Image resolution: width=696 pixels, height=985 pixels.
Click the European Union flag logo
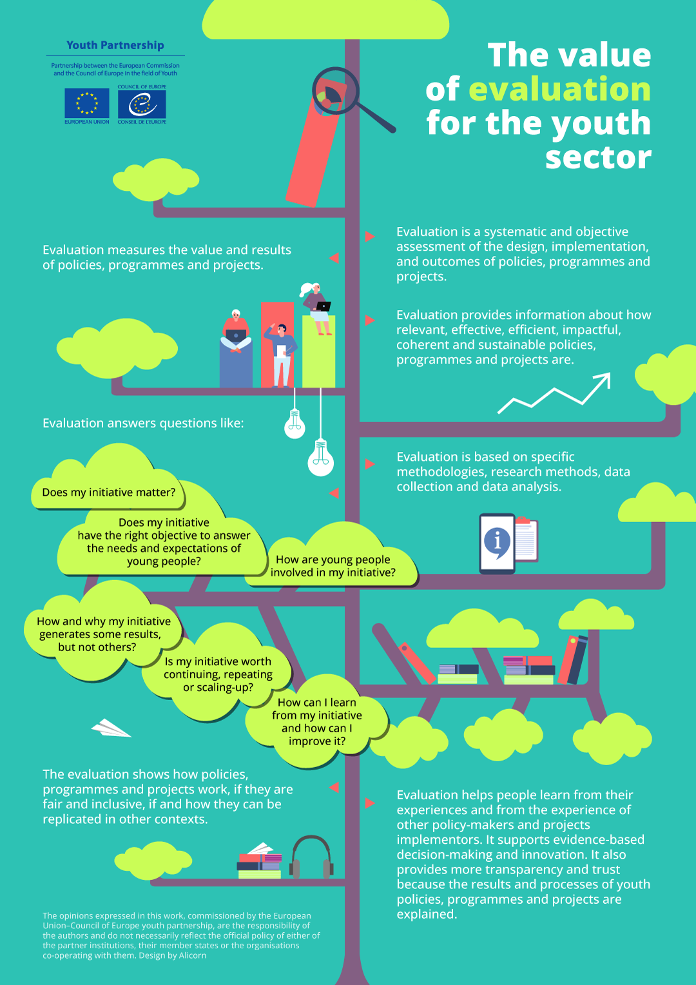tap(86, 103)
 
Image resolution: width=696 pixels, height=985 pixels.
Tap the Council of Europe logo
tap(142, 103)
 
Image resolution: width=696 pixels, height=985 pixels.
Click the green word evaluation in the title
tap(559, 89)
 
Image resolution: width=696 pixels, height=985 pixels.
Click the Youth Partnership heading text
tap(115, 45)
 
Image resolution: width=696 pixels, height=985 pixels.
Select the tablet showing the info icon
tap(497, 543)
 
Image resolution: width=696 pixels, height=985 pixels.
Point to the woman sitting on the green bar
tap(316, 308)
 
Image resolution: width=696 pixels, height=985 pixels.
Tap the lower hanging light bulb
tap(320, 456)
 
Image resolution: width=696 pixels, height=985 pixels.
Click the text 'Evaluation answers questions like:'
tap(143, 423)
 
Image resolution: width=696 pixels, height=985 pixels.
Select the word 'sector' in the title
tap(598, 157)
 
